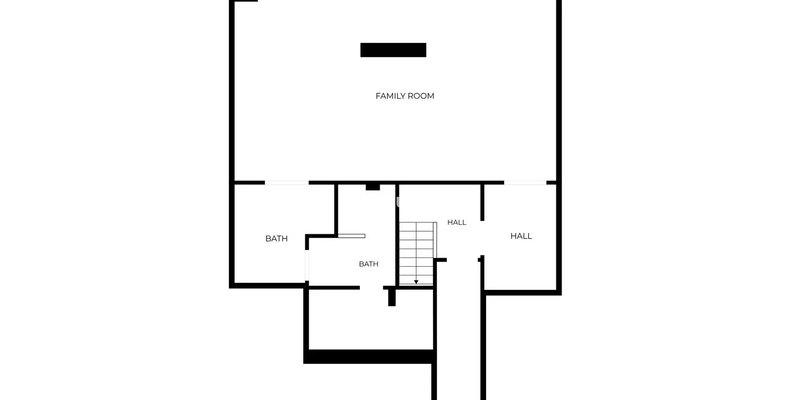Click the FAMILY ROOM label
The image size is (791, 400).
point(405,96)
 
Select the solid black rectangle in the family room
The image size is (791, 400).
point(393,50)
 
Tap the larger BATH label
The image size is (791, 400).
point(276,239)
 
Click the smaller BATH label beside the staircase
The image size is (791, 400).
point(369,264)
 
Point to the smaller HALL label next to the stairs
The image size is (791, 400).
point(457,222)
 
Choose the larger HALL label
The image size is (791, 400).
point(521,236)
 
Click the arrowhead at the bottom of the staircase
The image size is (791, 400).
point(416,282)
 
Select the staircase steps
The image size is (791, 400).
point(416,254)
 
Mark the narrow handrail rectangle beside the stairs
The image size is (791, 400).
point(435,240)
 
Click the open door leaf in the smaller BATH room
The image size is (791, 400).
point(352,236)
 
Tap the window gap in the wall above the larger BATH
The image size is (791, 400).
point(287,183)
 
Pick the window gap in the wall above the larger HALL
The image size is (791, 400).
point(525,183)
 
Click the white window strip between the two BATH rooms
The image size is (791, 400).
point(307,265)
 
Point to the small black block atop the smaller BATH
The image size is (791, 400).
point(373,187)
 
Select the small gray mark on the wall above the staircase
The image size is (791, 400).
point(397,202)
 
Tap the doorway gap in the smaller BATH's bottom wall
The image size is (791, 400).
point(371,288)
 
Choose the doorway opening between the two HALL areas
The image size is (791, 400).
point(483,238)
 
